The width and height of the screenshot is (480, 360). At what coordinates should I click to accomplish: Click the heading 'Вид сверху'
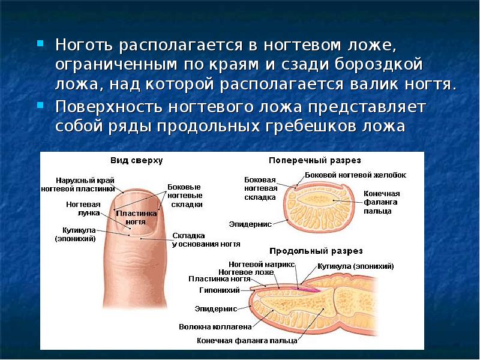[136, 161]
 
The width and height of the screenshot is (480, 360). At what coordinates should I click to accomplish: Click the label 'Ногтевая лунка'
[83, 208]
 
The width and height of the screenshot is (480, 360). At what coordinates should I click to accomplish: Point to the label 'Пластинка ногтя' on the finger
[137, 217]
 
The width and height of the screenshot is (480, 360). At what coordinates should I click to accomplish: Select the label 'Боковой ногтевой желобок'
[356, 175]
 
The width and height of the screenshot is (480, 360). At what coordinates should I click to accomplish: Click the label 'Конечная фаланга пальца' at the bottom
[247, 340]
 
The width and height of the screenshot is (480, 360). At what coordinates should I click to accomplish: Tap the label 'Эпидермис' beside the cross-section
[250, 224]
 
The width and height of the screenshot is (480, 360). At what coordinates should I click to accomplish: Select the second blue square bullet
[40, 105]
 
